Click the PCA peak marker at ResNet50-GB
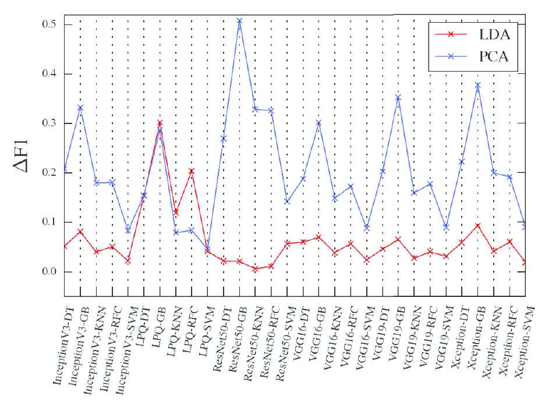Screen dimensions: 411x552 click(239, 21)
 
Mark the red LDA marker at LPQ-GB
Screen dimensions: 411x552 click(160, 123)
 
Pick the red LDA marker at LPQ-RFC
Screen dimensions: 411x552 click(191, 171)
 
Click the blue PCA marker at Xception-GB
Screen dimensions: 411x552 click(478, 86)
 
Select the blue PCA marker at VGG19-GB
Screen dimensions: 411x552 click(398, 97)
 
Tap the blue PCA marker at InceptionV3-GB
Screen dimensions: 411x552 click(80, 108)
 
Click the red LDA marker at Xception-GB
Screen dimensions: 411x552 click(478, 226)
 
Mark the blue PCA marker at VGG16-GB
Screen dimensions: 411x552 click(319, 123)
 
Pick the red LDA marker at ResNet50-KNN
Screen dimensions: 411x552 click(255, 268)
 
